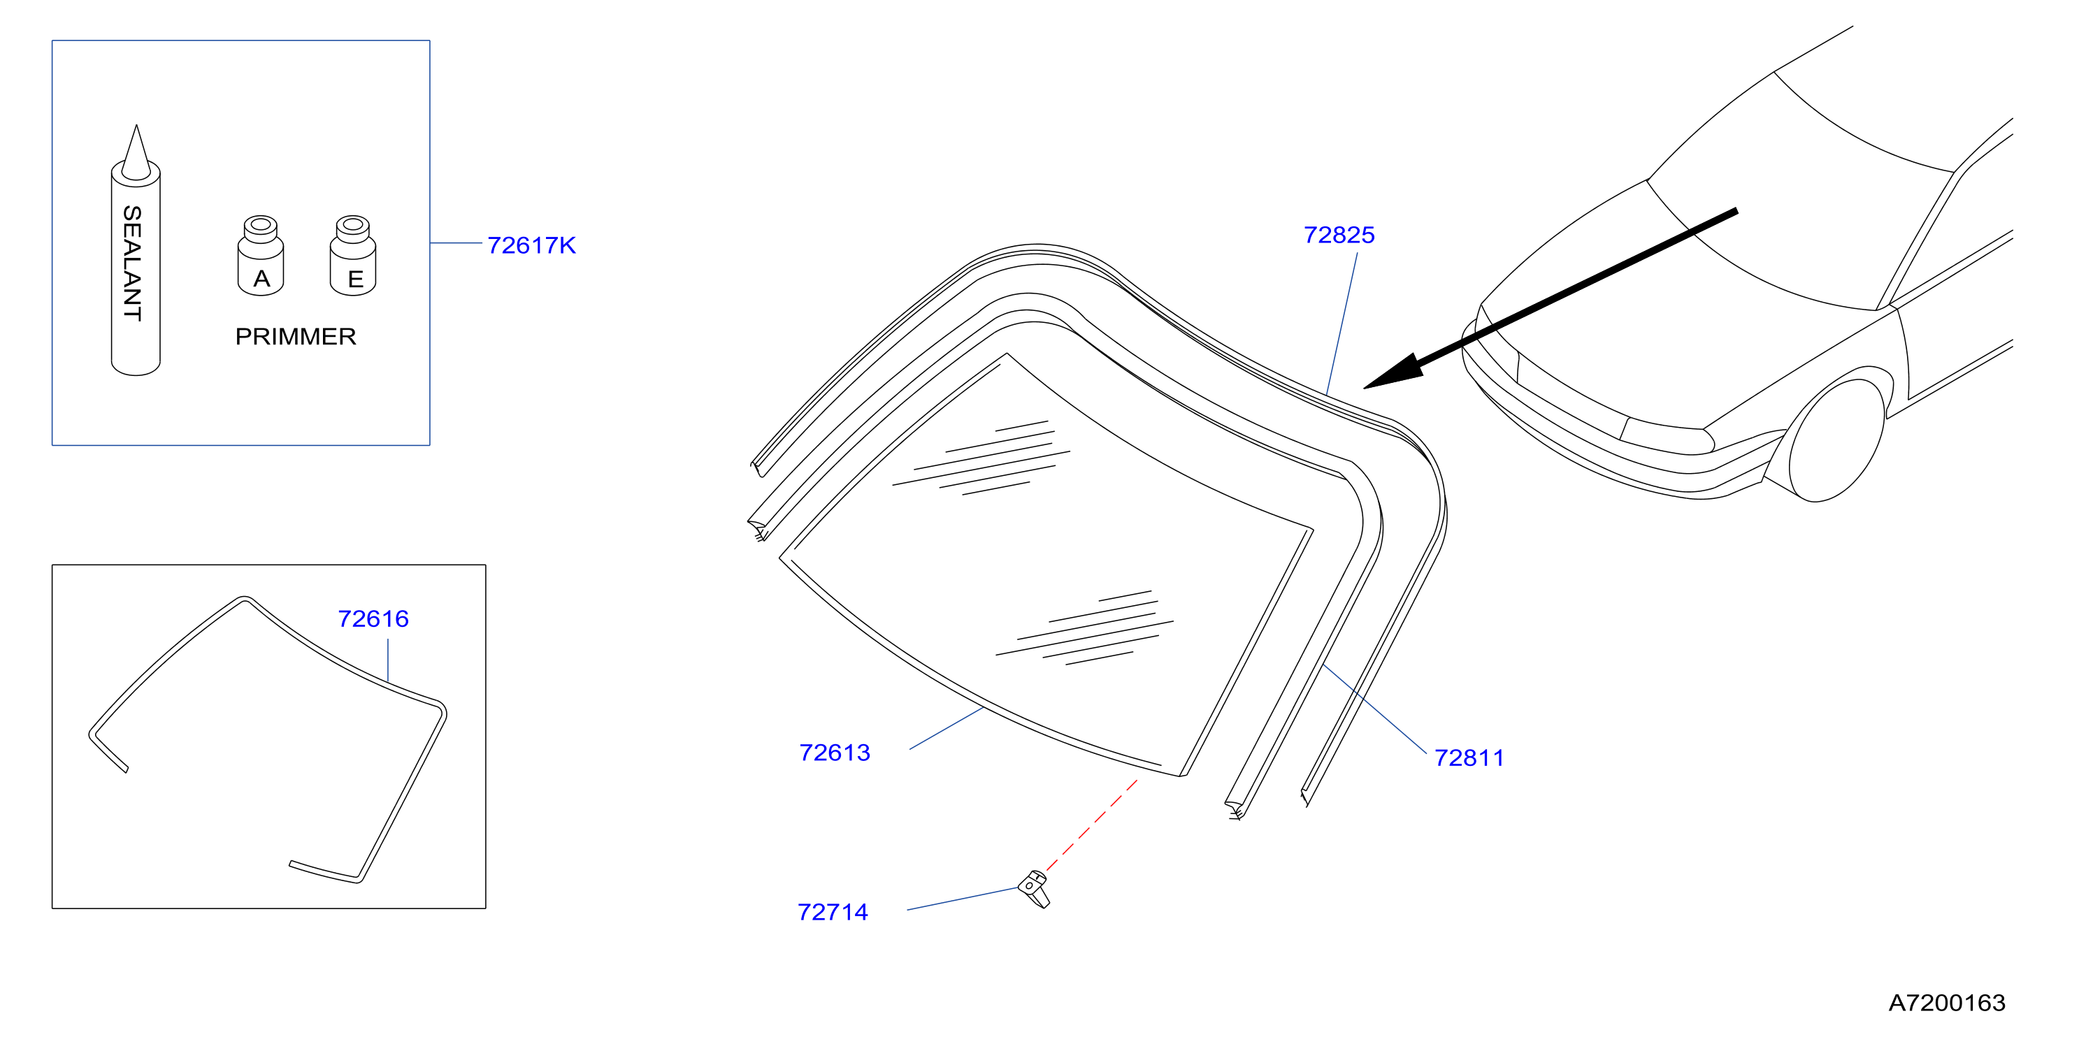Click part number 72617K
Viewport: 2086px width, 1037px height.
[x=531, y=245]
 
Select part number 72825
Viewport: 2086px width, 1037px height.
[x=1339, y=235]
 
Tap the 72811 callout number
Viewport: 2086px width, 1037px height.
[x=1469, y=757]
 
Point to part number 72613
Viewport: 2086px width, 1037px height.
[x=834, y=753]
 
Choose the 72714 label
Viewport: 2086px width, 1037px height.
[x=833, y=913]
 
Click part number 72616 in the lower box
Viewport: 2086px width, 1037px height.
[x=373, y=618]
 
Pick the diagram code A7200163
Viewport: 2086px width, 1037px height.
[x=1947, y=1003]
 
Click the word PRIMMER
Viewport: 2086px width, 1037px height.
[x=296, y=337]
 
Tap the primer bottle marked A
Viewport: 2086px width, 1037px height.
[x=261, y=255]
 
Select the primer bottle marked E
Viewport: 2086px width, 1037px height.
[x=353, y=255]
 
